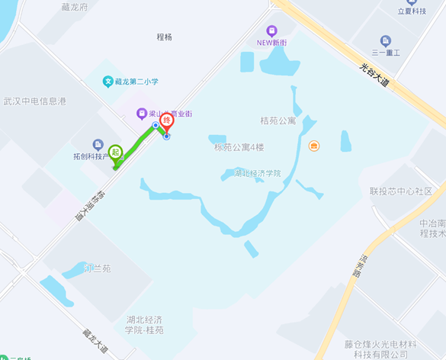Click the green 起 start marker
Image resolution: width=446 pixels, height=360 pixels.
coord(116,153)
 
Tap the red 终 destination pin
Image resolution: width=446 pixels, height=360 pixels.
coord(166,121)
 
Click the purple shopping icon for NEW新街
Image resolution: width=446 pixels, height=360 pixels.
coord(262,31)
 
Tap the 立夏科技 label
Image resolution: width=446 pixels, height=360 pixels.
coord(412,11)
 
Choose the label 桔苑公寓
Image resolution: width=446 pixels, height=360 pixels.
coord(278,121)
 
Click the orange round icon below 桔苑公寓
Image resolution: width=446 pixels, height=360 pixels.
coord(313,146)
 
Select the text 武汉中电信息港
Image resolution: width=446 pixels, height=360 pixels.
coord(34,101)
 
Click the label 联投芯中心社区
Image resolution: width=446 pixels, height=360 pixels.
coord(401,191)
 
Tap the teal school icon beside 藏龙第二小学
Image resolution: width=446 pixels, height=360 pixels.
coord(108,82)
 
